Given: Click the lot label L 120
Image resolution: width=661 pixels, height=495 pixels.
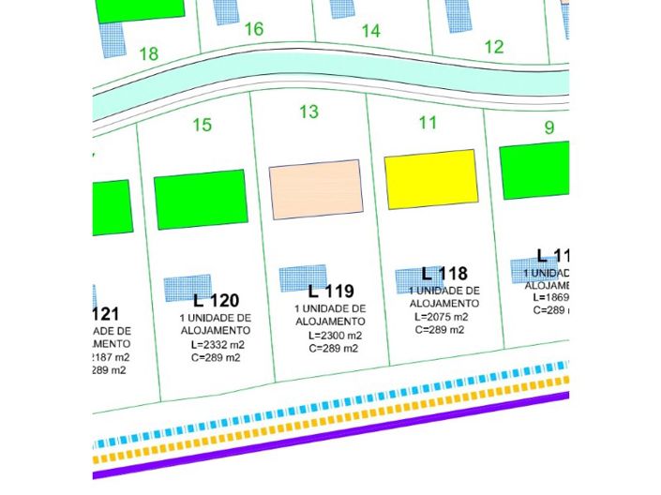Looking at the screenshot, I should click(x=216, y=301).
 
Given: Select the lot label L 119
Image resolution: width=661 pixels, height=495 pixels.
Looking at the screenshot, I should click(x=331, y=291).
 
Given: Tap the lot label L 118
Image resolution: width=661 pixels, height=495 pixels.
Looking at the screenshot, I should click(x=444, y=274).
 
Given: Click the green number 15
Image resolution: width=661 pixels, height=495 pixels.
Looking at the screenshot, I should click(x=202, y=125).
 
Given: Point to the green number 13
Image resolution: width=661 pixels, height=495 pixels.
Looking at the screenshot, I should click(x=308, y=112).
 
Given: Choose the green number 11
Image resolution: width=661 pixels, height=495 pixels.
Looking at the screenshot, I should click(x=428, y=122).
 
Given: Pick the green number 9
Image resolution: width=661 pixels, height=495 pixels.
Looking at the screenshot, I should click(x=548, y=127).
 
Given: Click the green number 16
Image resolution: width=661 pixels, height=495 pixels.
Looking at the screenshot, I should click(x=253, y=29).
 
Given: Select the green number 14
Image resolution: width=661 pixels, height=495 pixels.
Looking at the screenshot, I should click(x=370, y=31).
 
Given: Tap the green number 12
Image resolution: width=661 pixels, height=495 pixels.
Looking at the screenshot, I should click(x=494, y=47).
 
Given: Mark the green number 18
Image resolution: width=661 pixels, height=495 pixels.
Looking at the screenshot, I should click(x=148, y=53).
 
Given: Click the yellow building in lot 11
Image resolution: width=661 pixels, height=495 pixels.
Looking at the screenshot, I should click(x=431, y=179).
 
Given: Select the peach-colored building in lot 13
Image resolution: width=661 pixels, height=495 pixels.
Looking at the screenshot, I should click(x=316, y=189).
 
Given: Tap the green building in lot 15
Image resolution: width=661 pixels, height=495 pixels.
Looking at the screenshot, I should click(x=200, y=199).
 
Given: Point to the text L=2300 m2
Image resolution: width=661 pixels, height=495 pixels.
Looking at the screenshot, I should click(x=333, y=335).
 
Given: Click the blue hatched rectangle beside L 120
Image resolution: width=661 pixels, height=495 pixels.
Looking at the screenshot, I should click(x=188, y=288).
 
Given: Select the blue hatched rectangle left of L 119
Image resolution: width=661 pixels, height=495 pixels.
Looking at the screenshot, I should click(x=302, y=277).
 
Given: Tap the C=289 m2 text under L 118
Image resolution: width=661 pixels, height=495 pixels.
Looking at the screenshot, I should click(x=441, y=330).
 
